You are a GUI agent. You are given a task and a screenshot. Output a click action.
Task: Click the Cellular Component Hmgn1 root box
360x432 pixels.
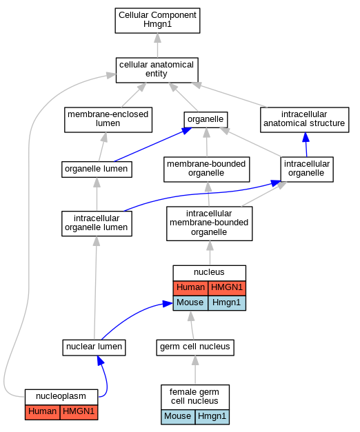click(157, 21)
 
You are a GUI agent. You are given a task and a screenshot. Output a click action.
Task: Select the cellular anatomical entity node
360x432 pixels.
click(157, 70)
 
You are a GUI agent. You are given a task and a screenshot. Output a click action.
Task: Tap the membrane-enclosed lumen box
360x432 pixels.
click(108, 120)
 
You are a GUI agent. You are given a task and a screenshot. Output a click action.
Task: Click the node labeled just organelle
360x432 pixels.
click(206, 120)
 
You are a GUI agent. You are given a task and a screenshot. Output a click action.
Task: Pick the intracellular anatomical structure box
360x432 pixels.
click(305, 120)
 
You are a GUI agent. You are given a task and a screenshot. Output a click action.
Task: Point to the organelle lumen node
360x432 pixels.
click(97, 169)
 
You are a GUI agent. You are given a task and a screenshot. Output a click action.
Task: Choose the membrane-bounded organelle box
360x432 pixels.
click(207, 169)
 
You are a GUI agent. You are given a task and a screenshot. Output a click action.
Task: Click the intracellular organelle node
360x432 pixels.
click(307, 169)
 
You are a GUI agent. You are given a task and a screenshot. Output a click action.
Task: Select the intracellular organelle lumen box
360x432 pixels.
click(97, 223)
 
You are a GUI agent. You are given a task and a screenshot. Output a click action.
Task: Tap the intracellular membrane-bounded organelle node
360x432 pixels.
click(210, 223)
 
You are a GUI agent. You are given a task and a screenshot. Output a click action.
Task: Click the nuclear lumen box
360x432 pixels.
click(94, 347)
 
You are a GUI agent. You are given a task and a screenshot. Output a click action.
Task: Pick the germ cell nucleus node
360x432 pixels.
click(195, 347)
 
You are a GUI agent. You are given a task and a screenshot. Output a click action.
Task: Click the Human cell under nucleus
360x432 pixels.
click(190, 288)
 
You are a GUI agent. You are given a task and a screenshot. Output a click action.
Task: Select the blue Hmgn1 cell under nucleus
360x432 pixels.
click(227, 303)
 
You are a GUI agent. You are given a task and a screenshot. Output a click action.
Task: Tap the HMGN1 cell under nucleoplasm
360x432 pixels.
click(79, 412)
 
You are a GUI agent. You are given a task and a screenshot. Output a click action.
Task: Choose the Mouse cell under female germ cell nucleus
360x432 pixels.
click(178, 417)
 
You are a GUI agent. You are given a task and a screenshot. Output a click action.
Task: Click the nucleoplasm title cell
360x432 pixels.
click(61, 397)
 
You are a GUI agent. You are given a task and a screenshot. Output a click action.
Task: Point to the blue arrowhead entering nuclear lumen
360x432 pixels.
click(101, 360)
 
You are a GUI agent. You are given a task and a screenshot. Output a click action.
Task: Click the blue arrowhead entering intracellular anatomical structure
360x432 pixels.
click(306, 137)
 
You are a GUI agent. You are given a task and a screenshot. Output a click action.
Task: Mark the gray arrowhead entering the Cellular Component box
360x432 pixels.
click(157, 38)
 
